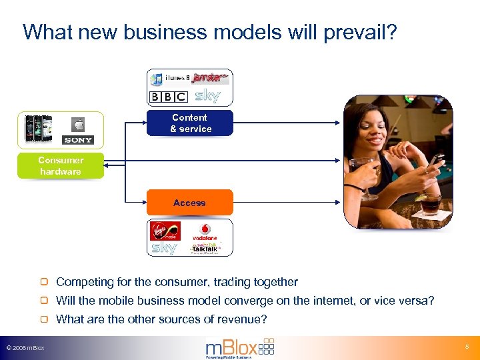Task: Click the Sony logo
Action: point(78,140)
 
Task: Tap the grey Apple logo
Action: point(78,125)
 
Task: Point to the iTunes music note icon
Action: point(157,80)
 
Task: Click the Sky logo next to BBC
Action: point(207,97)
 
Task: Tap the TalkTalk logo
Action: point(205,249)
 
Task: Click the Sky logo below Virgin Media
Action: point(165,248)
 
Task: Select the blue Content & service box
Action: point(190,123)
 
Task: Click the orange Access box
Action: point(190,203)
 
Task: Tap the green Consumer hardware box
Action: point(61,166)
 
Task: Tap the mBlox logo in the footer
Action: point(239,347)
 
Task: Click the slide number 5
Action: point(467,347)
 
